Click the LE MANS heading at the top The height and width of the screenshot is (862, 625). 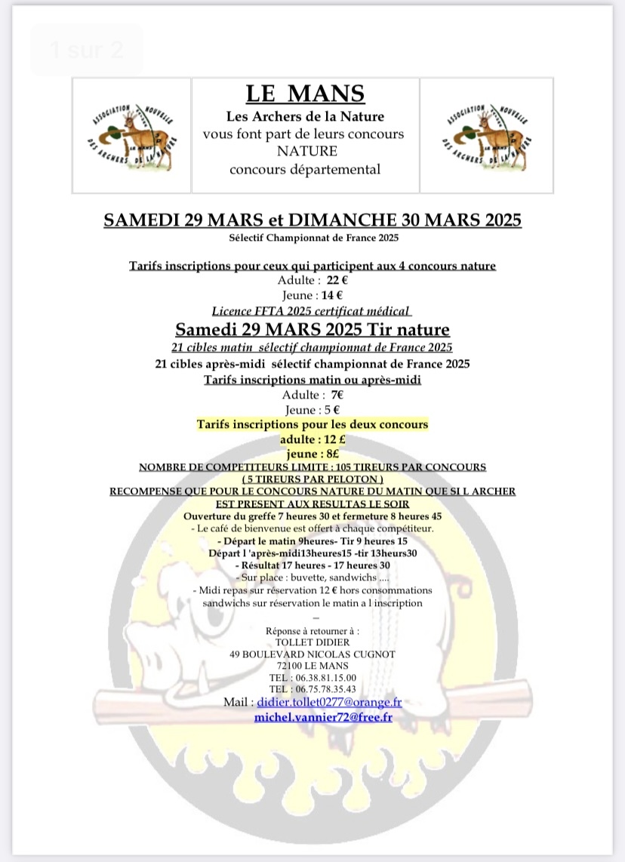coord(305,94)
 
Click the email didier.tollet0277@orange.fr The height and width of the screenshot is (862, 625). coord(329,702)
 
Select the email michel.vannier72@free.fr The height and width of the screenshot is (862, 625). coord(323,716)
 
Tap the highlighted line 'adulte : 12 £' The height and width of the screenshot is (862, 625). coord(312,439)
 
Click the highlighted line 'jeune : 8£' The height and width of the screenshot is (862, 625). coord(312,454)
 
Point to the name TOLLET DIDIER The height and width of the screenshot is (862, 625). coord(312,642)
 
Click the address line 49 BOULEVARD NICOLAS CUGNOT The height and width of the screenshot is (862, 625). coord(312,654)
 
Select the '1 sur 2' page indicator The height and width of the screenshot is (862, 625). coord(85,51)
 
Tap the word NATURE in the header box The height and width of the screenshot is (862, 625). coord(306,151)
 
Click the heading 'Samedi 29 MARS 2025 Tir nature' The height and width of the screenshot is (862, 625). coord(312,329)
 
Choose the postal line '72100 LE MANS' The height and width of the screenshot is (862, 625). coord(312,665)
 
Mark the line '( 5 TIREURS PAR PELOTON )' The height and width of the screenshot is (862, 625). coord(312,479)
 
